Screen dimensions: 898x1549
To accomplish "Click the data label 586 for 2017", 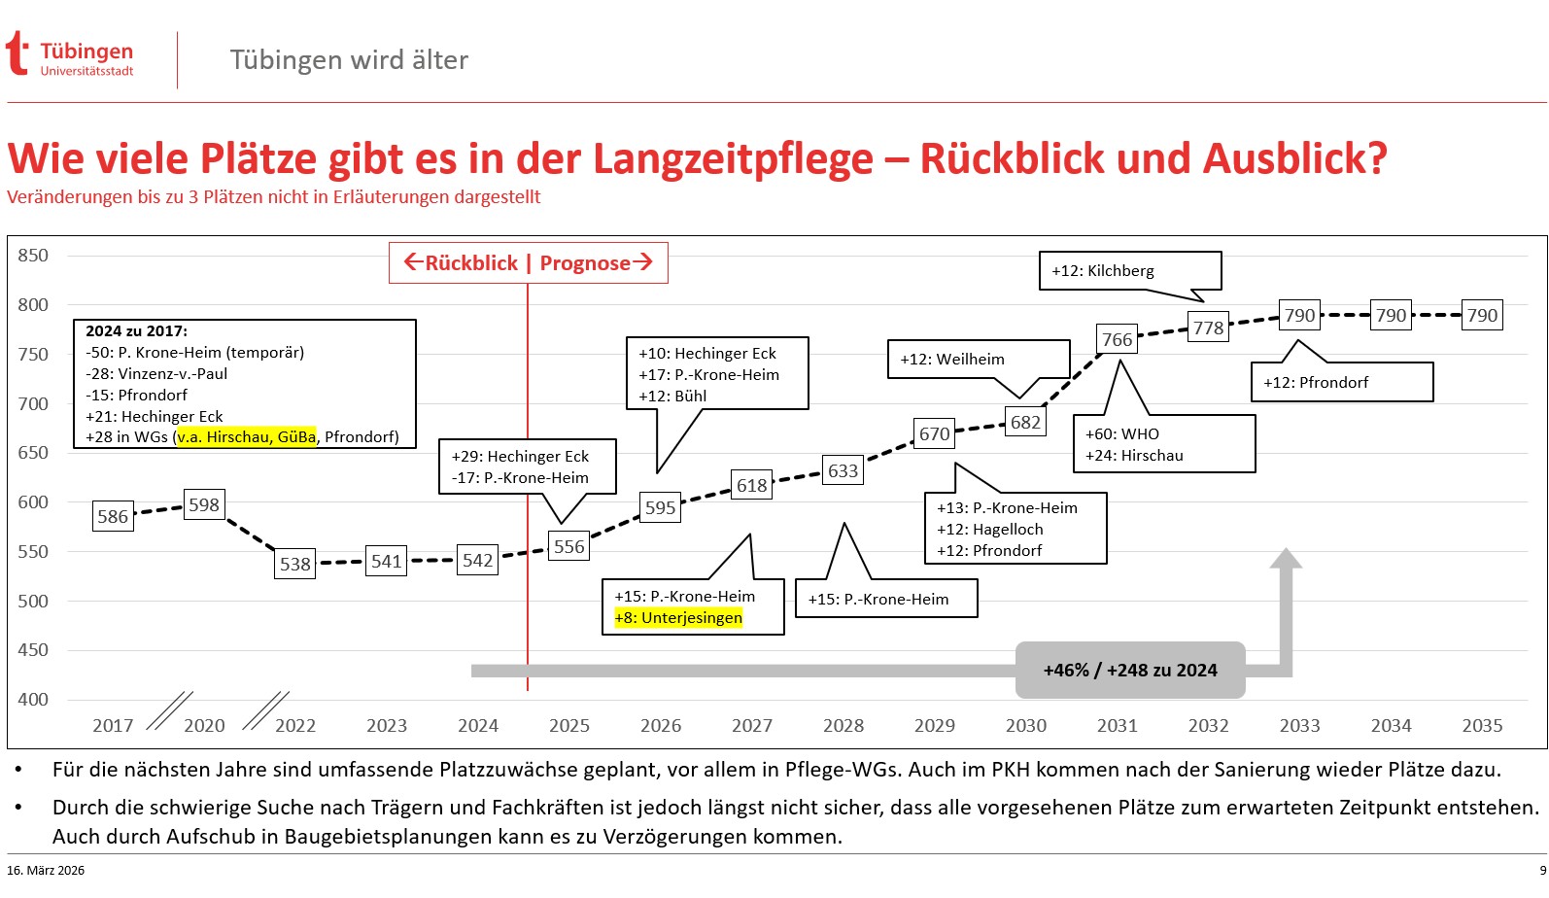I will click(113, 517).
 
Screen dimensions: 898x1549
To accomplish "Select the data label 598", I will click(204, 505).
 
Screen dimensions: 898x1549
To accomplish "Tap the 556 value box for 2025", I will click(568, 547).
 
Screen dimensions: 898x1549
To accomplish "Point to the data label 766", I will click(1117, 340).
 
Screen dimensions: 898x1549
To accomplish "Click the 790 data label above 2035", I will click(1481, 316).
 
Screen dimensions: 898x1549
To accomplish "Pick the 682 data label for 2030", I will click(1025, 423).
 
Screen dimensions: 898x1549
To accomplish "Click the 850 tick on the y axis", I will click(33, 256).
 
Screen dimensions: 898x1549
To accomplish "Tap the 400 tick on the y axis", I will click(33, 700).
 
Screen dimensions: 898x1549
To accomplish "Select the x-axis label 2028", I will click(843, 726).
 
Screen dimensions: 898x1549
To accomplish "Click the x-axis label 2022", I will click(295, 726).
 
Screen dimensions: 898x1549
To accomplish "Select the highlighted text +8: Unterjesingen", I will click(678, 618).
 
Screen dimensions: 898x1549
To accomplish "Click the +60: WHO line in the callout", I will click(1122, 434).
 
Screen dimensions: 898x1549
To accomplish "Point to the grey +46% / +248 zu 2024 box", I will click(1129, 671).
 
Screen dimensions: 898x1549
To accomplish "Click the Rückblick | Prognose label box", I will click(528, 263).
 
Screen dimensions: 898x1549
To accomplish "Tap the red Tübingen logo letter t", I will click(17, 53).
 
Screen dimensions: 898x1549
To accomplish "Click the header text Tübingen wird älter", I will click(349, 60).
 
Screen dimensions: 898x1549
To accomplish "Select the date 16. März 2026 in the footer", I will click(46, 871).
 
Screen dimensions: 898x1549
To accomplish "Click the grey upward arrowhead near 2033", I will click(1286, 559).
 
